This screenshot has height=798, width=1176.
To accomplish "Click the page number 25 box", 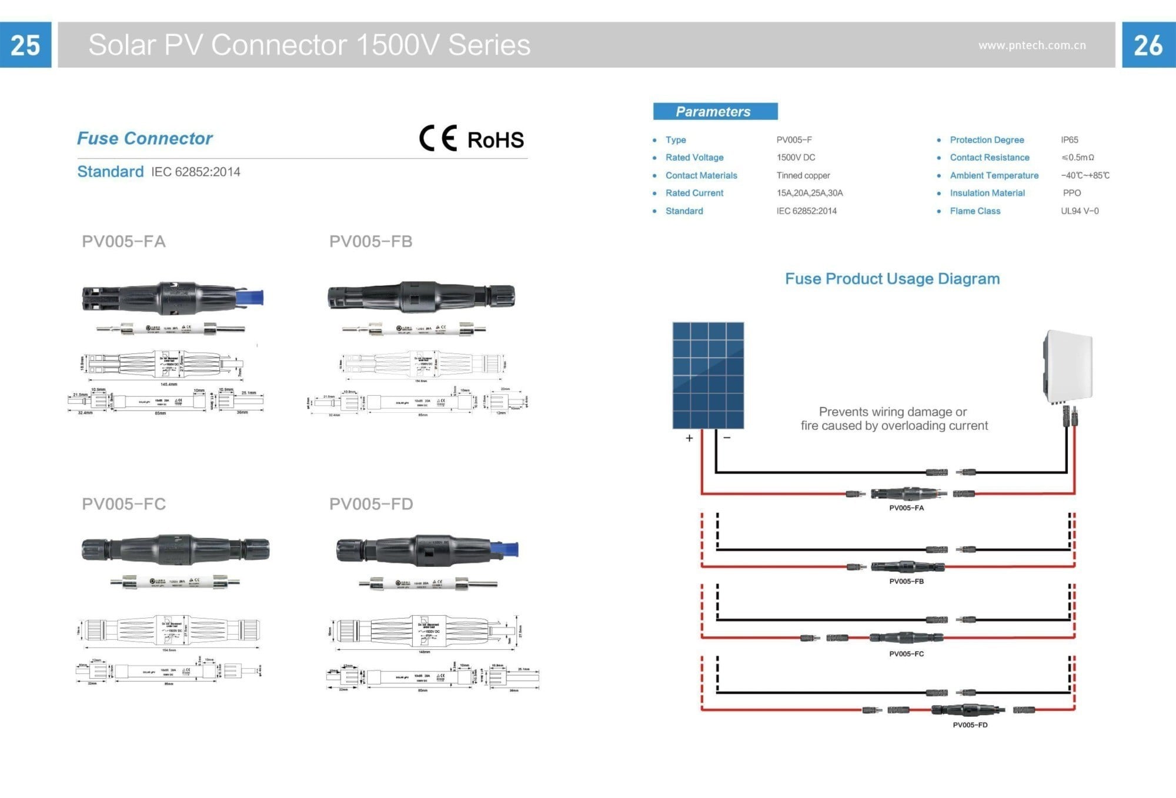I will click(25, 45).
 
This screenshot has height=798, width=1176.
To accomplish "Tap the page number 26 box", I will click(1148, 45).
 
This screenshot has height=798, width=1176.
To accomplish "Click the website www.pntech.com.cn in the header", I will click(1032, 45).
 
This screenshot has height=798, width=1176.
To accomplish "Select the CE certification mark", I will click(438, 139).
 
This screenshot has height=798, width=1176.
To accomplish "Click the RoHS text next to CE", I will click(495, 140).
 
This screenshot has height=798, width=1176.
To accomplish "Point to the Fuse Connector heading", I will click(145, 138).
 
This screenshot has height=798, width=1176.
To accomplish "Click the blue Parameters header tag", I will click(715, 111).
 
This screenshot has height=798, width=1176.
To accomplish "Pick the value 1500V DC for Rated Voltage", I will click(796, 158).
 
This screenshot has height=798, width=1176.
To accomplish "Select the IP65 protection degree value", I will click(1069, 140).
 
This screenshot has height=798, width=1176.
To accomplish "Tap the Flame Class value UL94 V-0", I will click(1080, 211).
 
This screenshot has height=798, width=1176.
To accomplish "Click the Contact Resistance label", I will click(990, 158).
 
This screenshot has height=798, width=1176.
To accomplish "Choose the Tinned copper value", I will click(803, 175).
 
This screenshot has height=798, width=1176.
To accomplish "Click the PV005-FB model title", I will click(371, 242).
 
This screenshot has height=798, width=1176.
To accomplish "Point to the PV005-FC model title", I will click(124, 504).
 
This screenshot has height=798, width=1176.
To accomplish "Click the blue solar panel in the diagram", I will click(708, 375).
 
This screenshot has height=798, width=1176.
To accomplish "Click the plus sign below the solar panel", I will click(689, 438).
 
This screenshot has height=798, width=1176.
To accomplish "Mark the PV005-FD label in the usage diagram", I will click(970, 725).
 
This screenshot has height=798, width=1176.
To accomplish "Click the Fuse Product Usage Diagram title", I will click(892, 279).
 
